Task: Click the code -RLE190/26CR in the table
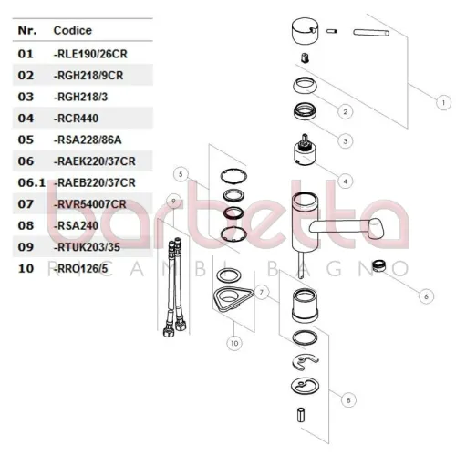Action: click(90, 54)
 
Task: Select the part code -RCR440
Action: click(76, 119)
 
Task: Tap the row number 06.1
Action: click(32, 182)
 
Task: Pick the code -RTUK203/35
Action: click(87, 247)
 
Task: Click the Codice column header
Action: click(73, 30)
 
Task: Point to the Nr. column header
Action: click(27, 30)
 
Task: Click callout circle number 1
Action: click(443, 103)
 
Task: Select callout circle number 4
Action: click(345, 181)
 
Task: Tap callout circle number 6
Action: click(426, 296)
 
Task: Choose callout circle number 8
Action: click(348, 400)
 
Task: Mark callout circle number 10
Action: click(234, 343)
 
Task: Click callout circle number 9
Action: click(173, 201)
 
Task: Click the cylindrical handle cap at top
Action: click(305, 32)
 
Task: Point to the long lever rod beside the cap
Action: click(371, 32)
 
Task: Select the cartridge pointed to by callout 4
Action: click(305, 150)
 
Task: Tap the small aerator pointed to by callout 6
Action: click(378, 265)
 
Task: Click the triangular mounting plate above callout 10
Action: click(233, 298)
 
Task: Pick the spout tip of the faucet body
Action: click(376, 228)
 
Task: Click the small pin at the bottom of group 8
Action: click(301, 415)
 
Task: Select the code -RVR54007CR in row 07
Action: click(90, 204)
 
